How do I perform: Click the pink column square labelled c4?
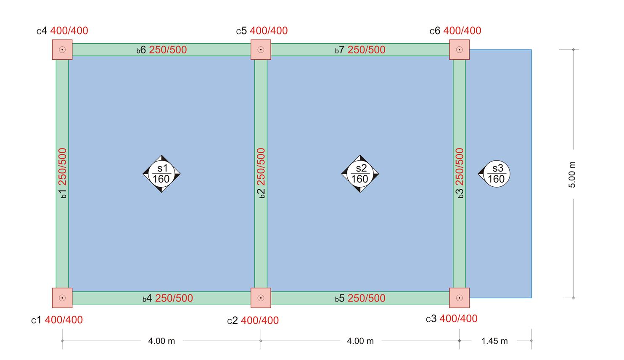(x=62, y=50)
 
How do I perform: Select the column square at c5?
(x=261, y=50)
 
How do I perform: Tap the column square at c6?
(x=459, y=50)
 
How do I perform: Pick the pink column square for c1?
(x=62, y=298)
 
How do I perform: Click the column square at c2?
(x=261, y=298)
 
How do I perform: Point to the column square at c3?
(x=459, y=298)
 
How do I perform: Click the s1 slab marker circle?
(x=161, y=174)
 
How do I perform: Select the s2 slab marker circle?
(x=360, y=174)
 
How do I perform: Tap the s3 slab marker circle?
(x=497, y=174)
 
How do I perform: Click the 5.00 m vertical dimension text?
(x=572, y=175)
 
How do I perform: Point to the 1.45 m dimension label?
(x=494, y=341)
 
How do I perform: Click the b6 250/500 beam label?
(x=161, y=50)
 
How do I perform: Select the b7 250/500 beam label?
(x=360, y=50)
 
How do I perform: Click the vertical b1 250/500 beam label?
(x=62, y=173)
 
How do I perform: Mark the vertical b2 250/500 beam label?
(x=261, y=173)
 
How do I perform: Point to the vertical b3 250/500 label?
(x=460, y=173)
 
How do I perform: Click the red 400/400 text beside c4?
(x=69, y=31)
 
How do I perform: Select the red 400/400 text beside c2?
(x=259, y=320)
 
